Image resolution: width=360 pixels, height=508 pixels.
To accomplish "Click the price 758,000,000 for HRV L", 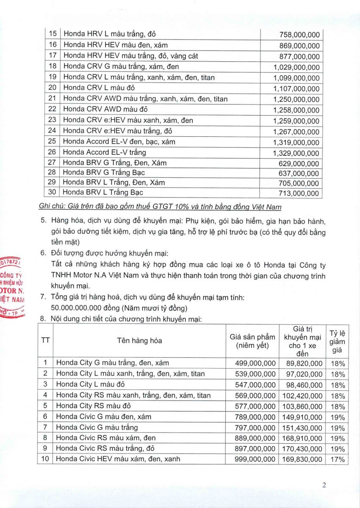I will (299, 35).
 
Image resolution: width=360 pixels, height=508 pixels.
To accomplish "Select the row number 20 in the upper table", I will (53, 88).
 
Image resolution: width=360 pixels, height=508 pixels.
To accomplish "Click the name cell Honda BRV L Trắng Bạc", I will (103, 193).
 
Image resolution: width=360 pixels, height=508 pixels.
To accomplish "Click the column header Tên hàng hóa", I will (140, 340).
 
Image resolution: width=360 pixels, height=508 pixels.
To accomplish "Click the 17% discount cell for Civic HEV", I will (338, 459).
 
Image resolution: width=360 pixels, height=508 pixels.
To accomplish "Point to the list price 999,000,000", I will (255, 459).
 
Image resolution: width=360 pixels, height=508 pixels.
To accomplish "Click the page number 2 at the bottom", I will (324, 486).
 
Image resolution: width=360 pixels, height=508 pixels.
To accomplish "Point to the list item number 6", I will (43, 253).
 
